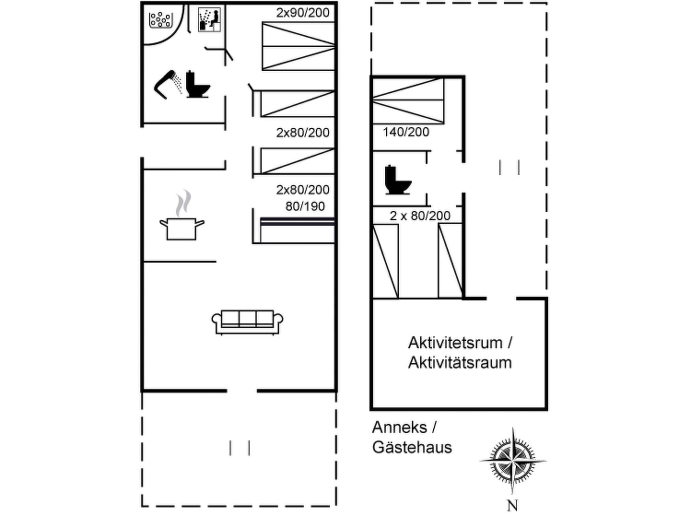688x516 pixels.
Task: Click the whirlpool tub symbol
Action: [161, 20]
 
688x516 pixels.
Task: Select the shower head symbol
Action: [168, 84]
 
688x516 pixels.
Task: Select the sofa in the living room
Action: [247, 322]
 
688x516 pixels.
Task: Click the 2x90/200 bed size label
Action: [303, 13]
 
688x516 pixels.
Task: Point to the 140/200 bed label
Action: [406, 132]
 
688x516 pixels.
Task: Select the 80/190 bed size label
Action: [305, 207]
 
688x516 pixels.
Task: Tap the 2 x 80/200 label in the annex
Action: [420, 216]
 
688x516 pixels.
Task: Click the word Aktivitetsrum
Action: [455, 343]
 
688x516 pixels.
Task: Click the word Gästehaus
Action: [412, 447]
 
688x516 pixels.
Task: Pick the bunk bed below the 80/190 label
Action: [297, 230]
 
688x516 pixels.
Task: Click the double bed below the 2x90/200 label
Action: [298, 46]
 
